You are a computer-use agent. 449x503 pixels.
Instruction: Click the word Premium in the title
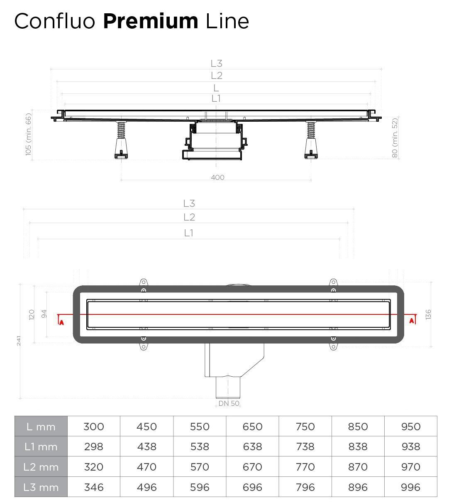click(x=150, y=21)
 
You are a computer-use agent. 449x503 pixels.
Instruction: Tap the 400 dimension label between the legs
click(x=217, y=177)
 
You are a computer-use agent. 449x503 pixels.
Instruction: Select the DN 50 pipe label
click(x=229, y=403)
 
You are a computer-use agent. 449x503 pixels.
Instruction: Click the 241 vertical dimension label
click(x=19, y=341)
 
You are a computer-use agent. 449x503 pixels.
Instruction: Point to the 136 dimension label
click(x=428, y=314)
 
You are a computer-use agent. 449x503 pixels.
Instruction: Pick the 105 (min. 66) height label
click(x=28, y=134)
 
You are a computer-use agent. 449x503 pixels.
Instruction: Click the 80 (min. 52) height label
click(x=395, y=137)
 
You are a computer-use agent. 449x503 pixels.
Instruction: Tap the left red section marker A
click(x=61, y=322)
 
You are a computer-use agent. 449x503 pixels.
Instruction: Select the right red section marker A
click(x=412, y=321)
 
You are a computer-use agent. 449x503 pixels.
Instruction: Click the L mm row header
click(x=41, y=427)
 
